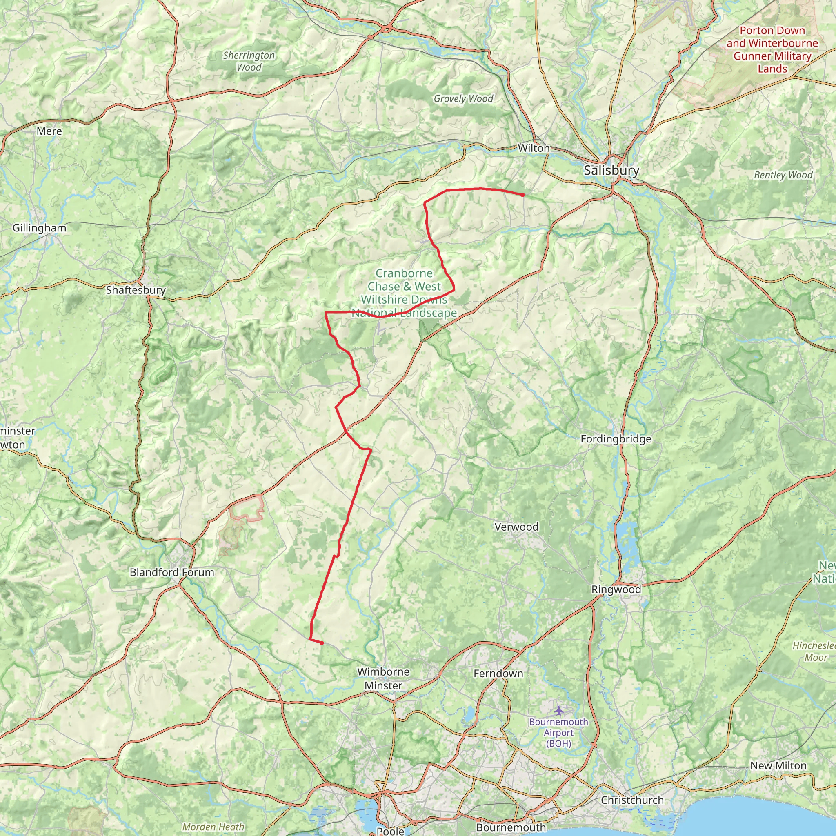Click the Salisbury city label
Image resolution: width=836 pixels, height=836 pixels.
click(x=611, y=170)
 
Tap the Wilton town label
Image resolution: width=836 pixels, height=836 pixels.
click(x=534, y=148)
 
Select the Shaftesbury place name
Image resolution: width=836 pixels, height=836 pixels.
click(x=136, y=290)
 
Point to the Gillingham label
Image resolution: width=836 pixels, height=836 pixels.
click(x=39, y=228)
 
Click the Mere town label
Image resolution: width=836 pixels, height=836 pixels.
click(x=49, y=131)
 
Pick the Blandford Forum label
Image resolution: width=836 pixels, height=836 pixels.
click(x=172, y=572)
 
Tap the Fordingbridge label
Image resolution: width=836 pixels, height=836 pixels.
click(x=616, y=439)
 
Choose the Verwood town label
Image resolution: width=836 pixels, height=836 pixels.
click(x=516, y=527)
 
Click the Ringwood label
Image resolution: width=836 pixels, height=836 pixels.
click(x=616, y=589)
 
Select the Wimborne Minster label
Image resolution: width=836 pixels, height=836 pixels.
click(x=383, y=678)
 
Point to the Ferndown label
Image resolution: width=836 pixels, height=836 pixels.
click(x=498, y=673)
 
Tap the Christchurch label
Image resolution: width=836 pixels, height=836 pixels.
click(x=632, y=800)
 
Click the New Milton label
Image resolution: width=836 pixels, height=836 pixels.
click(x=778, y=765)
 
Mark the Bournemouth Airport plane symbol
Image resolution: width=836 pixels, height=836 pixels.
click(x=559, y=710)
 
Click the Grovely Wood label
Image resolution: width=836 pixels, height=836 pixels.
click(x=463, y=99)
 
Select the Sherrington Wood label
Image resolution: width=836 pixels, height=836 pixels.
click(x=249, y=61)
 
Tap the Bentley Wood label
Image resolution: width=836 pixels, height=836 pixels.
click(x=783, y=175)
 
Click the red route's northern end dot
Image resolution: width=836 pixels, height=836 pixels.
click(x=523, y=195)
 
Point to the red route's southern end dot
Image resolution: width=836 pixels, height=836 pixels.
click(x=322, y=643)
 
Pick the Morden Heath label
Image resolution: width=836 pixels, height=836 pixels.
click(x=213, y=827)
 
